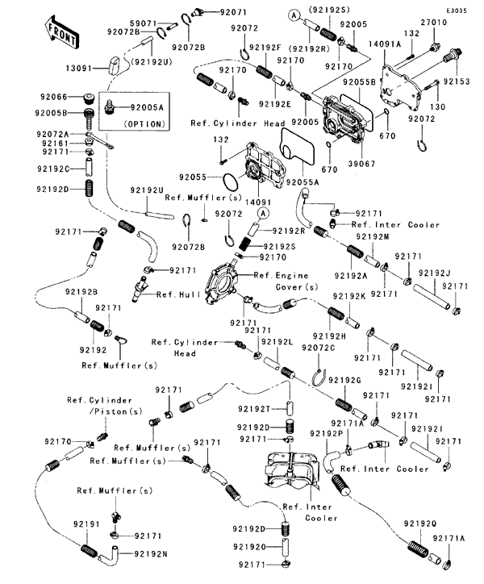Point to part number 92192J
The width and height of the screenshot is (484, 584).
(x=436, y=271)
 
